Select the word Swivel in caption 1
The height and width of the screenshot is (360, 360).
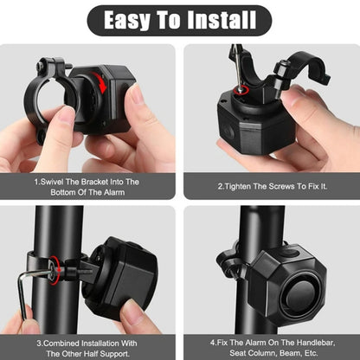click(53, 183)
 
